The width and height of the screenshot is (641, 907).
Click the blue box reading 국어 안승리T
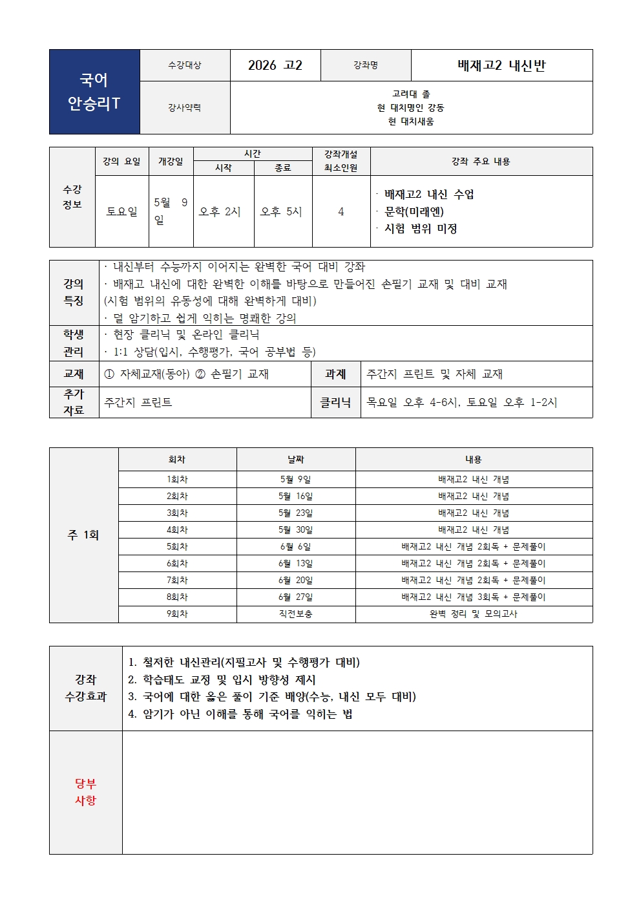[x=94, y=92]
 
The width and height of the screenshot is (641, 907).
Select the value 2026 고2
[x=275, y=65]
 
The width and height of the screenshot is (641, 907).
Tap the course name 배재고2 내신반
[x=501, y=65]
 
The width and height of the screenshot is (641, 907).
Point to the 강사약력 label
[x=185, y=108]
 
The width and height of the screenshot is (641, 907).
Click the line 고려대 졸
[x=411, y=94]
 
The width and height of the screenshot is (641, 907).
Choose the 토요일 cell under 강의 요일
[x=122, y=211]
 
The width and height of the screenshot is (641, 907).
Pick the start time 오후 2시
[x=220, y=211]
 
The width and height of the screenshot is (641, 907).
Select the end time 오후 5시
[x=281, y=211]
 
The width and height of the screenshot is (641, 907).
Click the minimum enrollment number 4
[x=341, y=211]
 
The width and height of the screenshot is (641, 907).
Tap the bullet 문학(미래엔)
[x=414, y=211]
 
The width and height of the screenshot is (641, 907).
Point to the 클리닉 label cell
[x=335, y=402]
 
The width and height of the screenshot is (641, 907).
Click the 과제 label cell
[x=335, y=374]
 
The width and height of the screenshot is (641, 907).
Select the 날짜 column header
[x=296, y=459]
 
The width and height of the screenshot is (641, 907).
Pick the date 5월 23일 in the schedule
[x=296, y=513]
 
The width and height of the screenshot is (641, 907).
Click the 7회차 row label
[x=177, y=580]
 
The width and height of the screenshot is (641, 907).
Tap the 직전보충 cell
[x=296, y=614]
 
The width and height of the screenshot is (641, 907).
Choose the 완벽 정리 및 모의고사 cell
[x=474, y=614]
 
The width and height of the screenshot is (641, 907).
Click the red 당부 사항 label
[x=85, y=792]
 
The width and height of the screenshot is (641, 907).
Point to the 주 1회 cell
[x=83, y=535]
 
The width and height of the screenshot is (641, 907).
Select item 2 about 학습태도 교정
[x=222, y=679]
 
